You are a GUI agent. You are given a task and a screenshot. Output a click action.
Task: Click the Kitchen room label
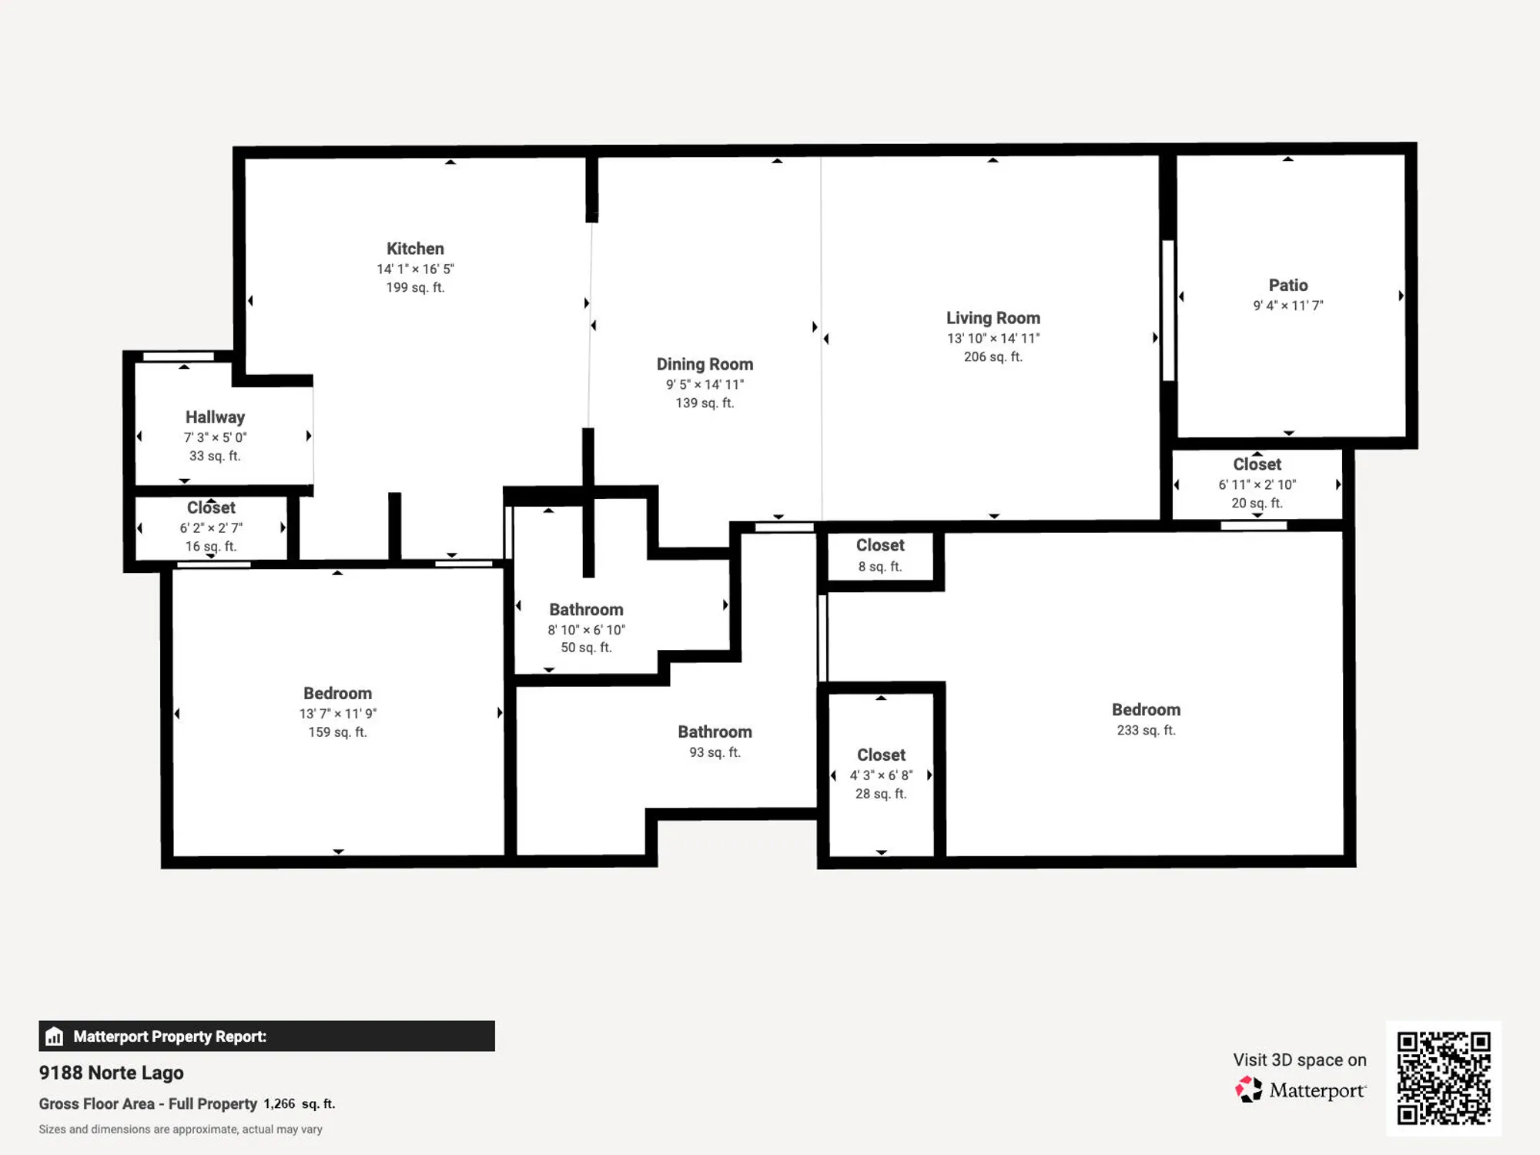[x=415, y=249]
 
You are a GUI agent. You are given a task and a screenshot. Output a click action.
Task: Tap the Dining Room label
[x=705, y=364]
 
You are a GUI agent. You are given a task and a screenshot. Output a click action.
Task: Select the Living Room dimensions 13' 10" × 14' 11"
[x=993, y=338]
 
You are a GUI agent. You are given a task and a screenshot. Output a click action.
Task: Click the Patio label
[x=1288, y=285]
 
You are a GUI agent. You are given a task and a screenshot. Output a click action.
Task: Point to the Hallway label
[x=215, y=417]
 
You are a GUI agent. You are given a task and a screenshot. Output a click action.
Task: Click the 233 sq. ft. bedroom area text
[x=1146, y=730]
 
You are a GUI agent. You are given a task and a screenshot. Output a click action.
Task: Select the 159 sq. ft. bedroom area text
[x=337, y=731]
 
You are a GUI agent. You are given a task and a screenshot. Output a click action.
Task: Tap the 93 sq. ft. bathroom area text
[x=715, y=752]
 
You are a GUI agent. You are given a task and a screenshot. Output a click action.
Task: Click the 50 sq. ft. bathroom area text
[x=586, y=648]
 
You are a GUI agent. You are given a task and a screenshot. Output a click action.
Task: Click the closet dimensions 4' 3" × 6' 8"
[x=881, y=775]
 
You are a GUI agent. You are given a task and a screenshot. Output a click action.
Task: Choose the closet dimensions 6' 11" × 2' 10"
[x=1257, y=484]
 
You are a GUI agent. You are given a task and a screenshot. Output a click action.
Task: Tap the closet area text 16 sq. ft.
[x=211, y=546]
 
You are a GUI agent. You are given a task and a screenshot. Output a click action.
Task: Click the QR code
[x=1444, y=1078]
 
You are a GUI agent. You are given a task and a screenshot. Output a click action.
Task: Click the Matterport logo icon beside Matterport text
[x=1249, y=1090]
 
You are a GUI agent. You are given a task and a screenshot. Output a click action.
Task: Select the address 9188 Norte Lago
[x=112, y=1073]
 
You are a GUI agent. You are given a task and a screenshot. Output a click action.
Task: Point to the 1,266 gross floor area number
[x=279, y=1103]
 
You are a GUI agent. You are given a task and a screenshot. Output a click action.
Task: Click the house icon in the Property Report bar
[x=54, y=1036]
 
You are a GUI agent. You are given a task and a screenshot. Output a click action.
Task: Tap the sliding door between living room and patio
[x=1168, y=310]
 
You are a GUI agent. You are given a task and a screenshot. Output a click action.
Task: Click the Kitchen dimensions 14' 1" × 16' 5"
[x=415, y=269]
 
